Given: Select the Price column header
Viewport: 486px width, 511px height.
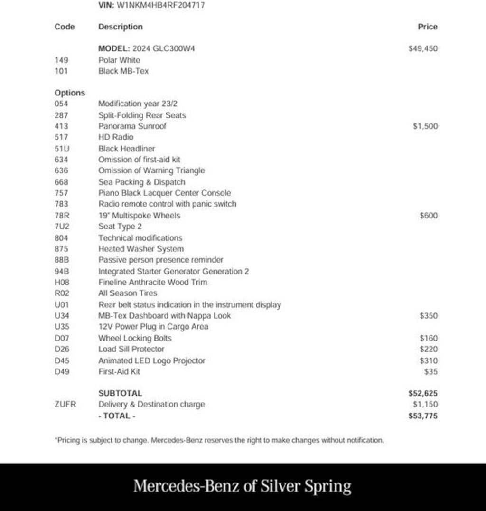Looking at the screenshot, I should (427, 27).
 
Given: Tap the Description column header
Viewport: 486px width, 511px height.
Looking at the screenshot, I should (120, 27).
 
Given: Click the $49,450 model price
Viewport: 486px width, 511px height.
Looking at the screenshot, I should (423, 48).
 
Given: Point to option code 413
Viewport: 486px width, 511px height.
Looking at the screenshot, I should (61, 126).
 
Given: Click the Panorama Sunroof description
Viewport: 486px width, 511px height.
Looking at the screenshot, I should (132, 126).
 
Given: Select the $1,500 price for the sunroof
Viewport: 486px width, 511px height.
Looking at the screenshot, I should (425, 126).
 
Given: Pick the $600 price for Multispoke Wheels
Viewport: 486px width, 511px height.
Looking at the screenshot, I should (429, 216).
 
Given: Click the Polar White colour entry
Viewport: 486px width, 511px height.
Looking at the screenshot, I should (119, 60).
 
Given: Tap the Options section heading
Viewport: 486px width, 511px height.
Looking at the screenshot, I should (70, 93).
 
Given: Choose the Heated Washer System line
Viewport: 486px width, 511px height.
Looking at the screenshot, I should (141, 249).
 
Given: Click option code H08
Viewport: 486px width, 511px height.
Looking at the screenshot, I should (62, 282).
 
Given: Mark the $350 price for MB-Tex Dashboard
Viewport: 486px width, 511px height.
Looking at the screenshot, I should (429, 316).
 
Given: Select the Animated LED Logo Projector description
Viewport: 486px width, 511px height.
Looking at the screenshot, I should (152, 360).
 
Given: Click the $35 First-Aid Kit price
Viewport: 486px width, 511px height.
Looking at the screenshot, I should (430, 372).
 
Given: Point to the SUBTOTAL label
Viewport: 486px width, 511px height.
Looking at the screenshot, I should (120, 393).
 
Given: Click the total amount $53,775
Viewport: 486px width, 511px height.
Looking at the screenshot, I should (423, 416).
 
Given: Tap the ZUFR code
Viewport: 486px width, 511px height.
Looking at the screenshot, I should (65, 405).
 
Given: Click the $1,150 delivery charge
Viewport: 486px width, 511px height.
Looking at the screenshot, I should (425, 405).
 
